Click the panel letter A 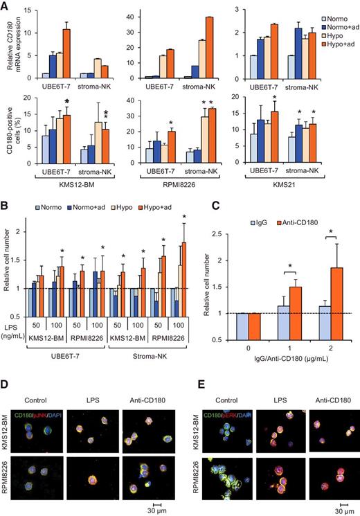[x=6, y=6]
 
